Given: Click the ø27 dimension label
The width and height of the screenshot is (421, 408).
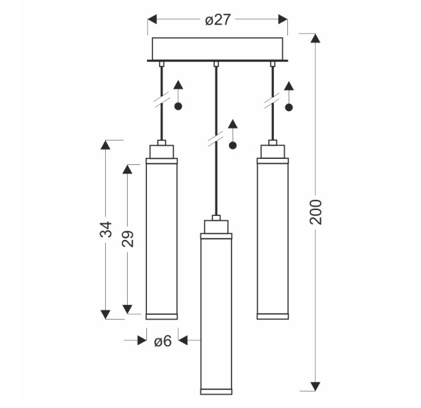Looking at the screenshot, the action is [217, 20].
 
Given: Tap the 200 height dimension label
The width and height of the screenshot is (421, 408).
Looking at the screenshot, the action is [316, 212].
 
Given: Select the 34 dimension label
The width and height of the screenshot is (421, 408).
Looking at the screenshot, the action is [106, 229].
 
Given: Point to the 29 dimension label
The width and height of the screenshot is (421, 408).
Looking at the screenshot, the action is [128, 239].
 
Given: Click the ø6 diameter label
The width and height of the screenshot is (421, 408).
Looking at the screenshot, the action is [163, 342].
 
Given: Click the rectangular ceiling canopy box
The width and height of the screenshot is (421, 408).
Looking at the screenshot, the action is [217, 49].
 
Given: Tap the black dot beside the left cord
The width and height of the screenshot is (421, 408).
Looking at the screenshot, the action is [178, 106].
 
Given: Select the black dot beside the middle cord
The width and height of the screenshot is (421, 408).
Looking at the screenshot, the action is [233, 146].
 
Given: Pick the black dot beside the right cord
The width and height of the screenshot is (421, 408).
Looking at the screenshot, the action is [289, 108].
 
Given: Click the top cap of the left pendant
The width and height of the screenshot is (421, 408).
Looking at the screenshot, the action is [162, 152].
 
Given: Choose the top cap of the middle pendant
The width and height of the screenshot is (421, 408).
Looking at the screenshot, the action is [216, 227].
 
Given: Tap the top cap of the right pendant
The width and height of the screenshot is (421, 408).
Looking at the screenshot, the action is [273, 152].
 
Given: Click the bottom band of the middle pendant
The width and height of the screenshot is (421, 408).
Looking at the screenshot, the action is [216, 391].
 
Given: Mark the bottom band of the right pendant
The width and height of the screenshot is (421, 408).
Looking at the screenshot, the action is [273, 316].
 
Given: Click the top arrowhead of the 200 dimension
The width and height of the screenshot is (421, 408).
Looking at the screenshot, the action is [315, 38].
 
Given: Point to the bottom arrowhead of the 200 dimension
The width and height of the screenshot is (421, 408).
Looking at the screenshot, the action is [315, 386].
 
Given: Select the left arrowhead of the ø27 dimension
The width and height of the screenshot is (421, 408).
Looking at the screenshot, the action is [152, 19].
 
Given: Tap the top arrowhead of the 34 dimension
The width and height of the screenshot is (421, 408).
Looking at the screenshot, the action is [106, 145].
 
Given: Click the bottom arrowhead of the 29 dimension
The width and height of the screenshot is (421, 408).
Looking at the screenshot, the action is [128, 309].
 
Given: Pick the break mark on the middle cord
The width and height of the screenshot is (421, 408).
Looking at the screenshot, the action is [215, 139].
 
